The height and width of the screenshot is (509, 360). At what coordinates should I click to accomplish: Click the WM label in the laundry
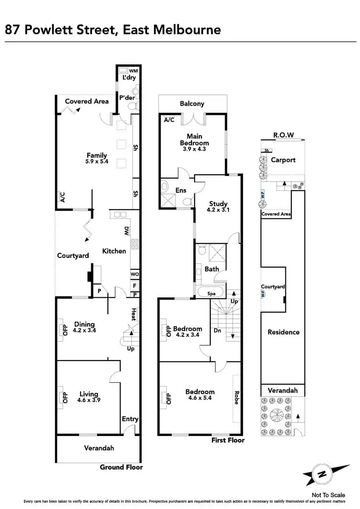pos(133,71)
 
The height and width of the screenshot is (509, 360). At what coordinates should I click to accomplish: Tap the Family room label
pos(97,155)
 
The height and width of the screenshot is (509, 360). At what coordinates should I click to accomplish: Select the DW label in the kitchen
pos(126,231)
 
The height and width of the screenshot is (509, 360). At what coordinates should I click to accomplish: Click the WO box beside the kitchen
pos(134,274)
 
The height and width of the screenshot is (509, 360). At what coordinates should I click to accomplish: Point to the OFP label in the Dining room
pos(65,330)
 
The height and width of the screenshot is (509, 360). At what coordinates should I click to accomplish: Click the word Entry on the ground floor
pos(130,419)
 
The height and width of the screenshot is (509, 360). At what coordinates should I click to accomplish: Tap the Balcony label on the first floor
pos(192,103)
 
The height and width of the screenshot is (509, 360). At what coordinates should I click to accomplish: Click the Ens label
pos(181,190)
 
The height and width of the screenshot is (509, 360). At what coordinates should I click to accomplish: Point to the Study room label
pos(218,204)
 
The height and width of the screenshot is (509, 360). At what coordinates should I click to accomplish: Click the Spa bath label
pos(211,294)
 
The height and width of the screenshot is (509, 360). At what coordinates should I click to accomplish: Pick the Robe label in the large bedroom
pos(237,398)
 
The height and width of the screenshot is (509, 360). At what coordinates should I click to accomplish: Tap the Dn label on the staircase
pos(217,330)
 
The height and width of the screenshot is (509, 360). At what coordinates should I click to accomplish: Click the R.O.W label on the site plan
pos(282,135)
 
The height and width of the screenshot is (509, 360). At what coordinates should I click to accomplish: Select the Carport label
pos(283,160)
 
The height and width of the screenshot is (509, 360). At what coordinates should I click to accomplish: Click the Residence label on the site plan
pos(283,332)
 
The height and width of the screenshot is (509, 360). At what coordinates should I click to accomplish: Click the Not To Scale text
pos(328,495)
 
